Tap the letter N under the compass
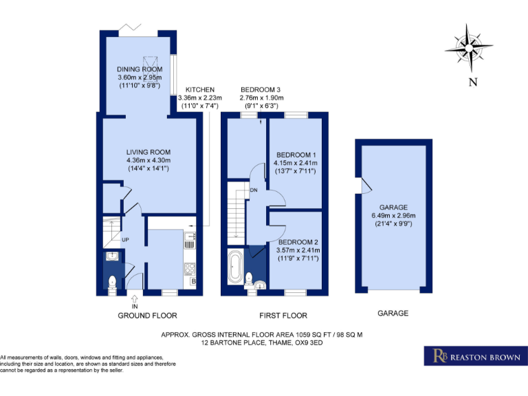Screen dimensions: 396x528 coord(472,82)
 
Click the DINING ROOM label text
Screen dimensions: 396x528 coord(140,69)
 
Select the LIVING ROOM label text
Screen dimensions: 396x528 coord(148,152)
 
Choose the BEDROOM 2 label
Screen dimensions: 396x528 coord(299,242)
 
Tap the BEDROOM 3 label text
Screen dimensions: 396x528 coord(260,90)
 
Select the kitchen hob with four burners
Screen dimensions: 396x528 coord(190,269)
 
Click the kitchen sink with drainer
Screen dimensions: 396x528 coord(190,241)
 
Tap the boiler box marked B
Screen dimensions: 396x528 coord(193,282)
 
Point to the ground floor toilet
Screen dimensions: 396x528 coord(112,281)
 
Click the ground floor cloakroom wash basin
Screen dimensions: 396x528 coord(112,257)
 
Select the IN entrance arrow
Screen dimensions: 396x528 coord(135,298)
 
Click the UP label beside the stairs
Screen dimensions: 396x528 coord(125,240)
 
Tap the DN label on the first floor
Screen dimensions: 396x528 coord(253,190)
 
